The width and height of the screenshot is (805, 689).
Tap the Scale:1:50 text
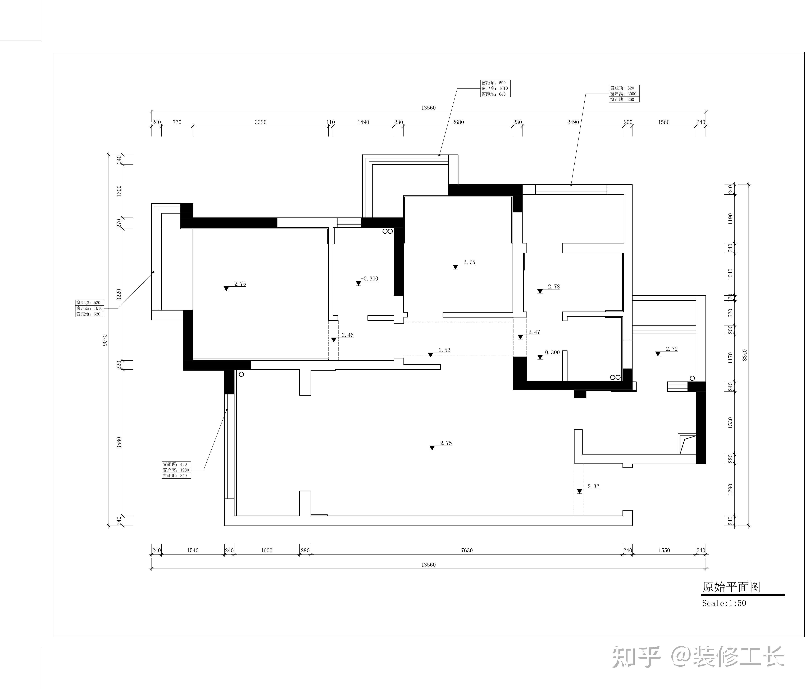click(724, 603)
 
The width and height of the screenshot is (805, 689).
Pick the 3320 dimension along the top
click(261, 122)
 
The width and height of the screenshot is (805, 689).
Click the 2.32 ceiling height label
click(593, 486)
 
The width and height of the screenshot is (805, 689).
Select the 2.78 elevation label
click(554, 287)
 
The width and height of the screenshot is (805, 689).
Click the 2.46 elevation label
click(348, 335)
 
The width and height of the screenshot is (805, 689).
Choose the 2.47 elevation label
click(534, 332)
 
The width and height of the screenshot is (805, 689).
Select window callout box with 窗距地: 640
click(495, 88)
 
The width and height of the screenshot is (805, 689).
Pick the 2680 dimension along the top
click(458, 122)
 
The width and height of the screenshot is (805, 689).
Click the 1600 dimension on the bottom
click(267, 550)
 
